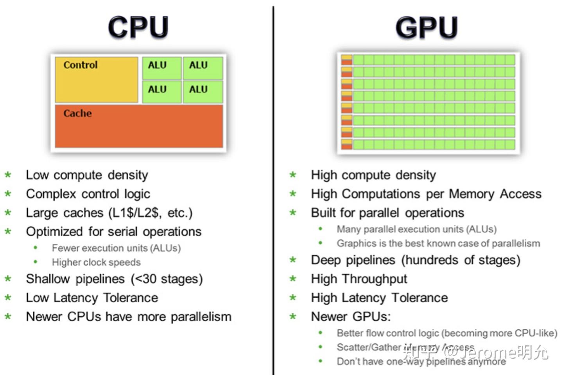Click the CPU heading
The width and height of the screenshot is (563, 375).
tap(138, 27)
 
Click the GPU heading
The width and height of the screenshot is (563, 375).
tap(427, 27)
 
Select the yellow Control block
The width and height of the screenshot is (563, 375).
tap(97, 80)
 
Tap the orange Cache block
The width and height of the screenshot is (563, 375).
tap(139, 126)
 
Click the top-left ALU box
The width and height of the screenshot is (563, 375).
tap(162, 68)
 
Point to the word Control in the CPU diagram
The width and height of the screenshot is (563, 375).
tap(81, 65)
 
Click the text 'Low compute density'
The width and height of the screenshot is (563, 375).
tap(87, 175)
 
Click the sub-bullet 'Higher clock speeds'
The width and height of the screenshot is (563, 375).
tap(96, 262)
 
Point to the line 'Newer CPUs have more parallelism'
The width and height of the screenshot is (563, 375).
tap(129, 316)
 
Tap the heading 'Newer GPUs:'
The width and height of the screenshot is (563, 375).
tap(351, 316)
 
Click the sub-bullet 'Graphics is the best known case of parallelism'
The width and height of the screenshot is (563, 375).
tap(438, 243)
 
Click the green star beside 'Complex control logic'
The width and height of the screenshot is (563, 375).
tap(8, 194)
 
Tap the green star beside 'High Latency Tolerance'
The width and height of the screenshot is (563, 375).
tap(293, 298)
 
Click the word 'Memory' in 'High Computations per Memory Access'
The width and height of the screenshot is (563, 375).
tap(472, 194)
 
